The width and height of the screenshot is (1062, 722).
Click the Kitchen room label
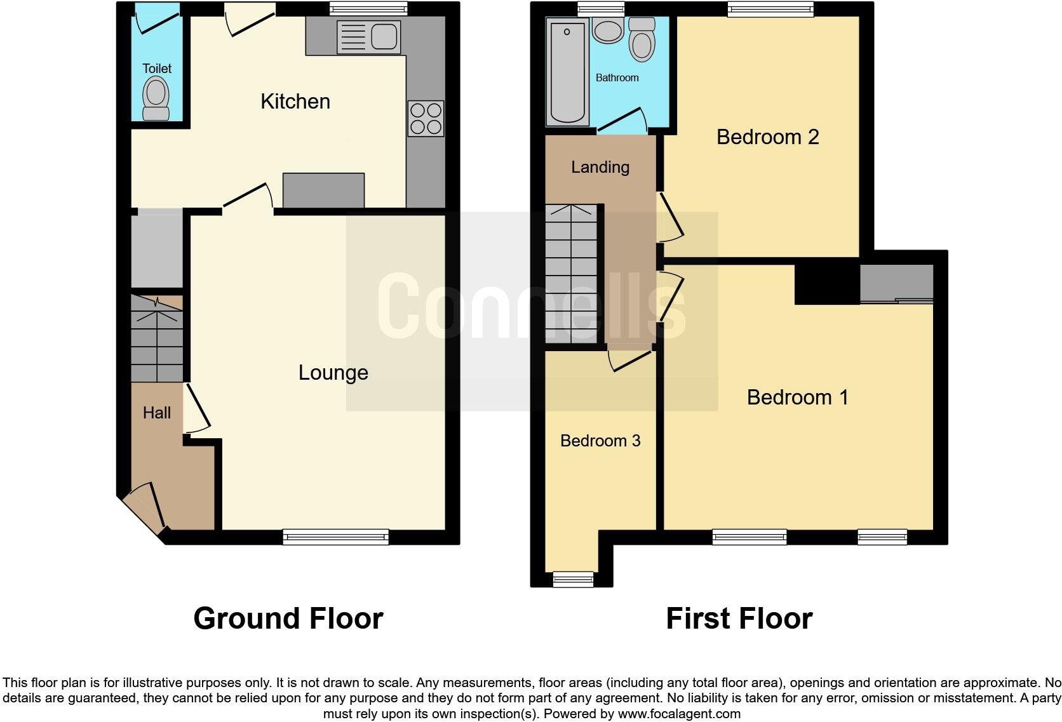295,102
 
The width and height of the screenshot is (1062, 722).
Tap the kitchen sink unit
369,36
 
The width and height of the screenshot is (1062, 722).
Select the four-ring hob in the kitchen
426,119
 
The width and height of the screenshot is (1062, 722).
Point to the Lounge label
333,373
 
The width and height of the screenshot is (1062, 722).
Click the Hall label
156,413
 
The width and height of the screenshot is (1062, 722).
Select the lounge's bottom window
335,537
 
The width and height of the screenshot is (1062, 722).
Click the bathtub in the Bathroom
567,71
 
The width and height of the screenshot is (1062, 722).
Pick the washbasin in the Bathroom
608,30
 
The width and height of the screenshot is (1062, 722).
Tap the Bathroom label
617,78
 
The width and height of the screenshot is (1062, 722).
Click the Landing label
600,168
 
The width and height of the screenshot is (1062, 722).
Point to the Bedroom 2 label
767,137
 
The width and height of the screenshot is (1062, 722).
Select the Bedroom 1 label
797,398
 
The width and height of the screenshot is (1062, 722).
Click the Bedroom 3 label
600,441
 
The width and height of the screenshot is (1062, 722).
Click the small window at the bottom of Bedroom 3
573,578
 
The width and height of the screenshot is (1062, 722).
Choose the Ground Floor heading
288,618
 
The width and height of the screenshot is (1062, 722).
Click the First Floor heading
739,618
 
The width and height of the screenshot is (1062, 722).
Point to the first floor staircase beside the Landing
571,273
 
